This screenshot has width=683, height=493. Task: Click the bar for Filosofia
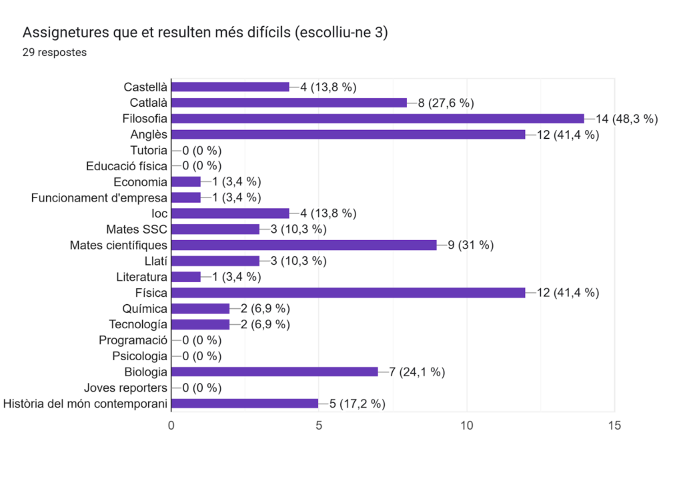tap(378, 119)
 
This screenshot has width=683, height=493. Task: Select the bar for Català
tap(289, 103)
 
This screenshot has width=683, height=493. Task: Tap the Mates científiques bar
tap(303, 245)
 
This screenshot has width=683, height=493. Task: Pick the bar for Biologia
tap(274, 372)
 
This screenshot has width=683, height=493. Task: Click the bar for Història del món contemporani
tap(245, 404)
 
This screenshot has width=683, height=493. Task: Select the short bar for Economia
tap(186, 181)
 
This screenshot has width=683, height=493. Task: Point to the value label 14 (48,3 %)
tap(627, 119)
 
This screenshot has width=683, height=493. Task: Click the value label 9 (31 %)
tap(470, 245)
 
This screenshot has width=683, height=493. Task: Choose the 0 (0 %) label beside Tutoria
tap(201, 150)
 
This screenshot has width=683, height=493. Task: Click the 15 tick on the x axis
tap(614, 425)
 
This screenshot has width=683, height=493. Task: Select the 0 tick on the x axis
tap(172, 425)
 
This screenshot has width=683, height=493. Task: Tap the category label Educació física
tap(126, 166)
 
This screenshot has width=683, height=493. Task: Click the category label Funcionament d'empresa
tap(99, 197)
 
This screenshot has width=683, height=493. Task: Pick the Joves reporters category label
tap(125, 388)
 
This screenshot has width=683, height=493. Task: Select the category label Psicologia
tap(139, 356)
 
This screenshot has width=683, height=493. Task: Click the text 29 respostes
tap(55, 52)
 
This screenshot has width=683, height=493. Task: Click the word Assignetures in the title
tap(62, 33)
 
